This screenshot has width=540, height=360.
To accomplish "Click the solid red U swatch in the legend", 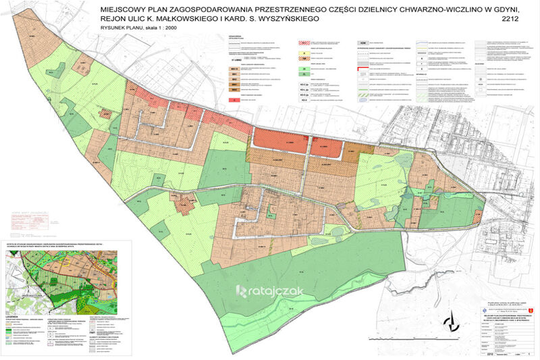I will coord(234,99).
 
